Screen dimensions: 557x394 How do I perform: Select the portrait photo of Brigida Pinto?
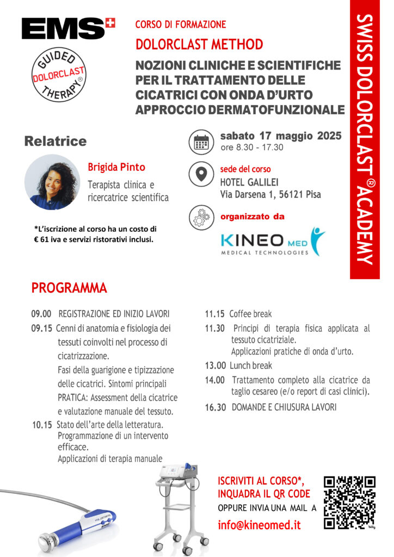pyautogui.click(x=52, y=182)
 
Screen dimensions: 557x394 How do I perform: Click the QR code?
pyautogui.click(x=349, y=502)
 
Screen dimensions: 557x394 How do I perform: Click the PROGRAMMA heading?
pyautogui.click(x=69, y=287)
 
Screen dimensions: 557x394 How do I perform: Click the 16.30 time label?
pyautogui.click(x=215, y=407)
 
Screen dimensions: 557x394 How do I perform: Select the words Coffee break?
pyautogui.click(x=250, y=314)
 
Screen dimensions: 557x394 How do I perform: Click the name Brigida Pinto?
pyautogui.click(x=116, y=167)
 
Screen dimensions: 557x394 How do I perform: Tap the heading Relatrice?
pyautogui.click(x=56, y=141)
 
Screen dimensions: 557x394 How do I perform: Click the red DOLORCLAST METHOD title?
pyautogui.click(x=199, y=44)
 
